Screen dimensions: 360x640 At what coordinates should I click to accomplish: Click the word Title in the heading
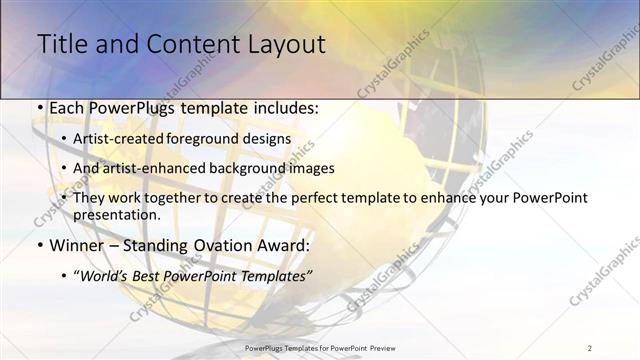click(x=61, y=44)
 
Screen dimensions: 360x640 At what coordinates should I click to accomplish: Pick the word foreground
click(x=214, y=139)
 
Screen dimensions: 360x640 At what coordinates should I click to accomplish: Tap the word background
click(x=253, y=168)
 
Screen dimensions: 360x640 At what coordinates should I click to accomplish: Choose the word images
click(x=316, y=168)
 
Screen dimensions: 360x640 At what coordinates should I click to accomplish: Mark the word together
click(x=185, y=198)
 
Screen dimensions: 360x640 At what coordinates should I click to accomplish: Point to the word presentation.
click(x=117, y=214)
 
